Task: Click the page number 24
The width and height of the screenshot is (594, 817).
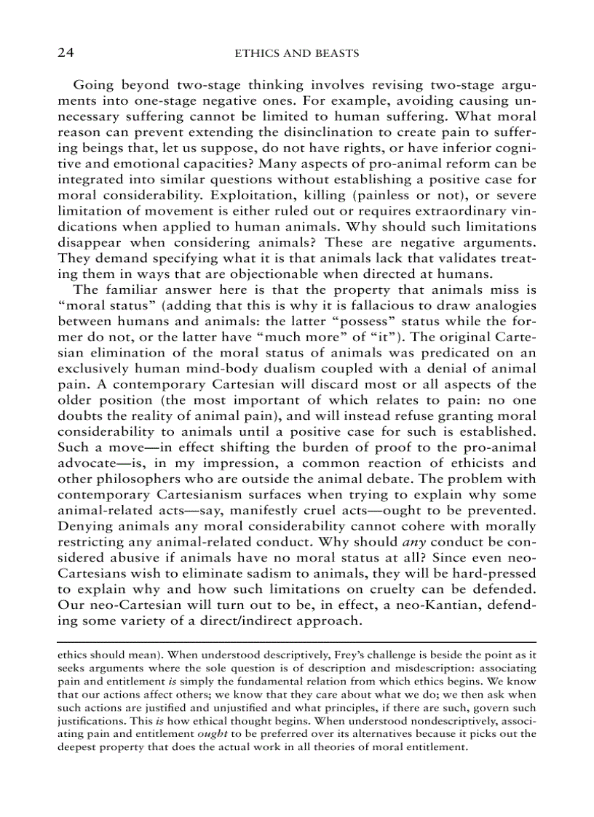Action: click(x=66, y=53)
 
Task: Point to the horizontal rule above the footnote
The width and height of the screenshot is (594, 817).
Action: click(x=296, y=641)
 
